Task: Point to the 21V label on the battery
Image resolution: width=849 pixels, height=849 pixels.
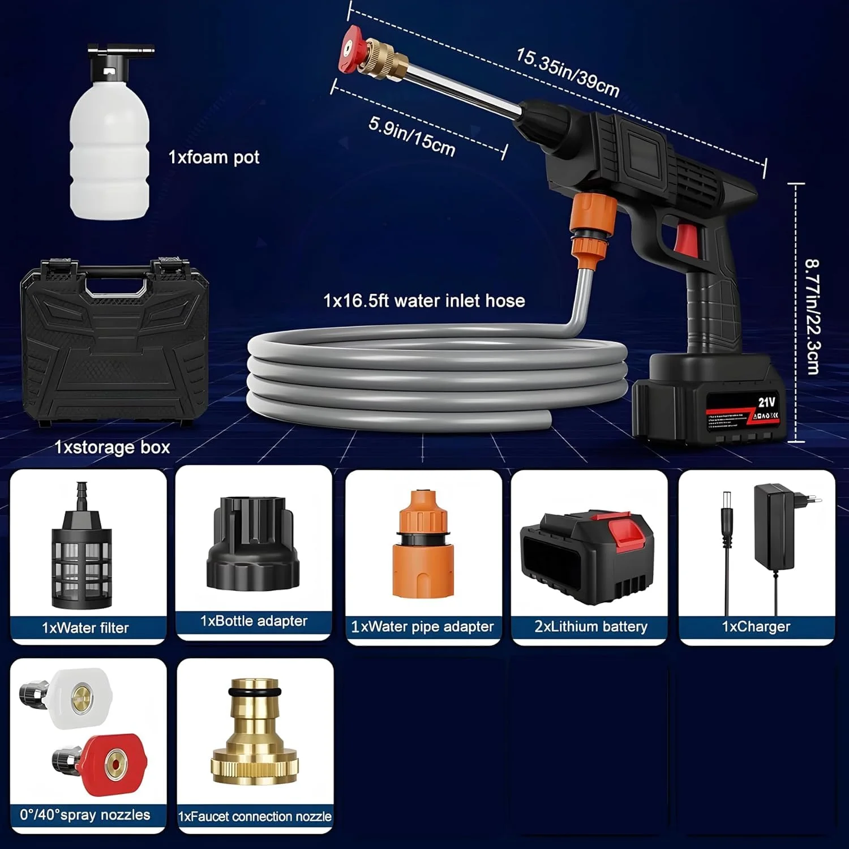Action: (x=766, y=402)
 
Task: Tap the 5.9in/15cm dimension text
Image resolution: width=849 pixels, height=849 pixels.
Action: (x=411, y=136)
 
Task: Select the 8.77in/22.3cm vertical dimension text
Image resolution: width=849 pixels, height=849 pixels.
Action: (x=813, y=316)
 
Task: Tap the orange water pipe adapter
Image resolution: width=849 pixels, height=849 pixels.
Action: (x=423, y=546)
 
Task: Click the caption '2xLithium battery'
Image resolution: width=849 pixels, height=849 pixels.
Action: (x=590, y=627)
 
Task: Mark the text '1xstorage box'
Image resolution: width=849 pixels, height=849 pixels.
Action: (x=112, y=447)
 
